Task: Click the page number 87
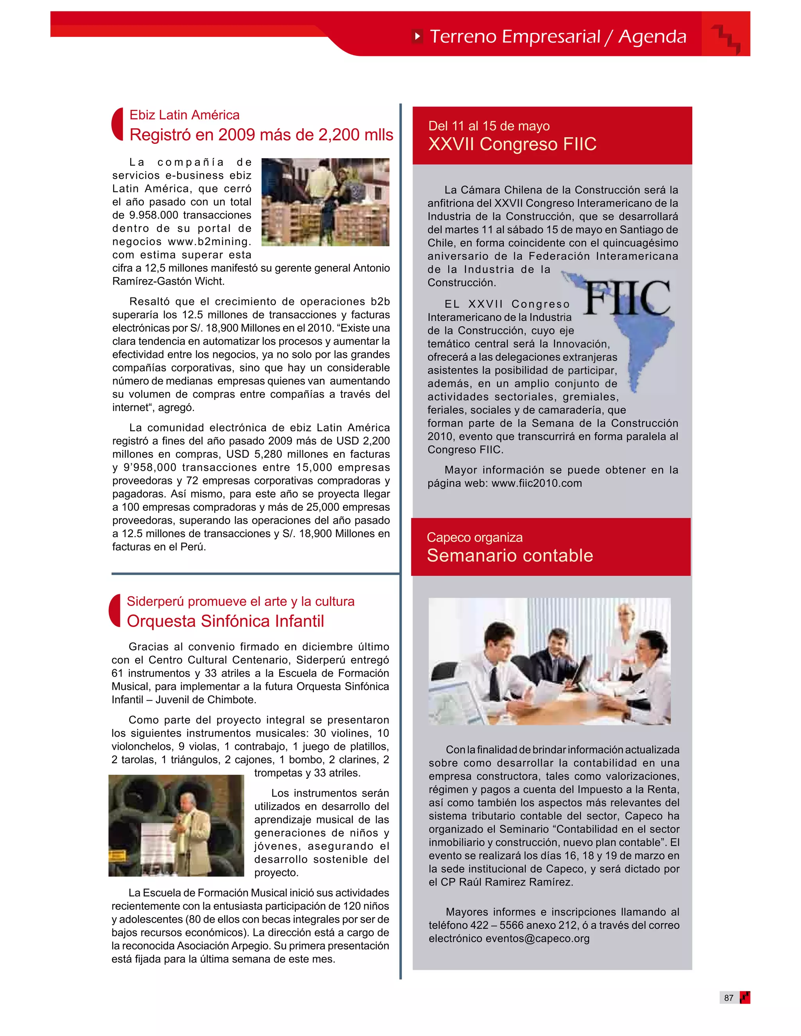pos(728,998)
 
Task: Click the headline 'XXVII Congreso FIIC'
pos(512,144)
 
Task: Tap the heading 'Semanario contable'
pos(510,556)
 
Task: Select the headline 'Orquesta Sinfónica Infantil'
pos(225,621)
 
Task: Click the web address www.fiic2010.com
pos(536,483)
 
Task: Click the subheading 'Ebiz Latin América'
pos(184,115)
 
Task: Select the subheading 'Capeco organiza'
pos(474,538)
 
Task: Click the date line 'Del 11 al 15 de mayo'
pos(489,126)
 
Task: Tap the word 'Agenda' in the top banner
pos(652,36)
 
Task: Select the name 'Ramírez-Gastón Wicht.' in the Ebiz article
pos(169,281)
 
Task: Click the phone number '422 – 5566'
pos(489,925)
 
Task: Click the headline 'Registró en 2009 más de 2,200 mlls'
pos(261,135)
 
